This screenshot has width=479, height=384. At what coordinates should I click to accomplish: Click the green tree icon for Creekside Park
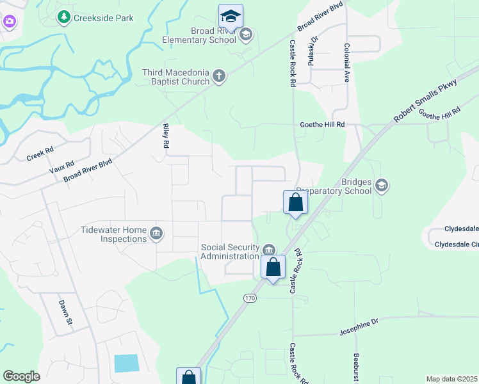[64, 17]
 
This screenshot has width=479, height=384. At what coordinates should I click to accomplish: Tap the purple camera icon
[9, 22]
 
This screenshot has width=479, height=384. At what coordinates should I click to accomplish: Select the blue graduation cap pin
[231, 17]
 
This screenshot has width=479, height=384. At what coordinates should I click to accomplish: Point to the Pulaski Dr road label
[314, 48]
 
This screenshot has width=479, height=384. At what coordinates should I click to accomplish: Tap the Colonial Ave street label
[346, 62]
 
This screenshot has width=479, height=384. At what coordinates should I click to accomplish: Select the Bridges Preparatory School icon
[381, 186]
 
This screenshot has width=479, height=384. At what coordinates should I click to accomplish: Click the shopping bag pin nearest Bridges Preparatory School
[295, 202]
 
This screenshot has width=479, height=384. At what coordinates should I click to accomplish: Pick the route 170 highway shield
[249, 298]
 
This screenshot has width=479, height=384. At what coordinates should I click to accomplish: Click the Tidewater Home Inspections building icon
[156, 234]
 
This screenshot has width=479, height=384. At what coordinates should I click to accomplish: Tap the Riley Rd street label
[165, 136]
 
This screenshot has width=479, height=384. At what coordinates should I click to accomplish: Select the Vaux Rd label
[61, 167]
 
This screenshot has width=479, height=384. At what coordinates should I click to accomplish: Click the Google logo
[21, 376]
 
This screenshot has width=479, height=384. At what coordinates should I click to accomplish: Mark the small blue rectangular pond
[126, 363]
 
